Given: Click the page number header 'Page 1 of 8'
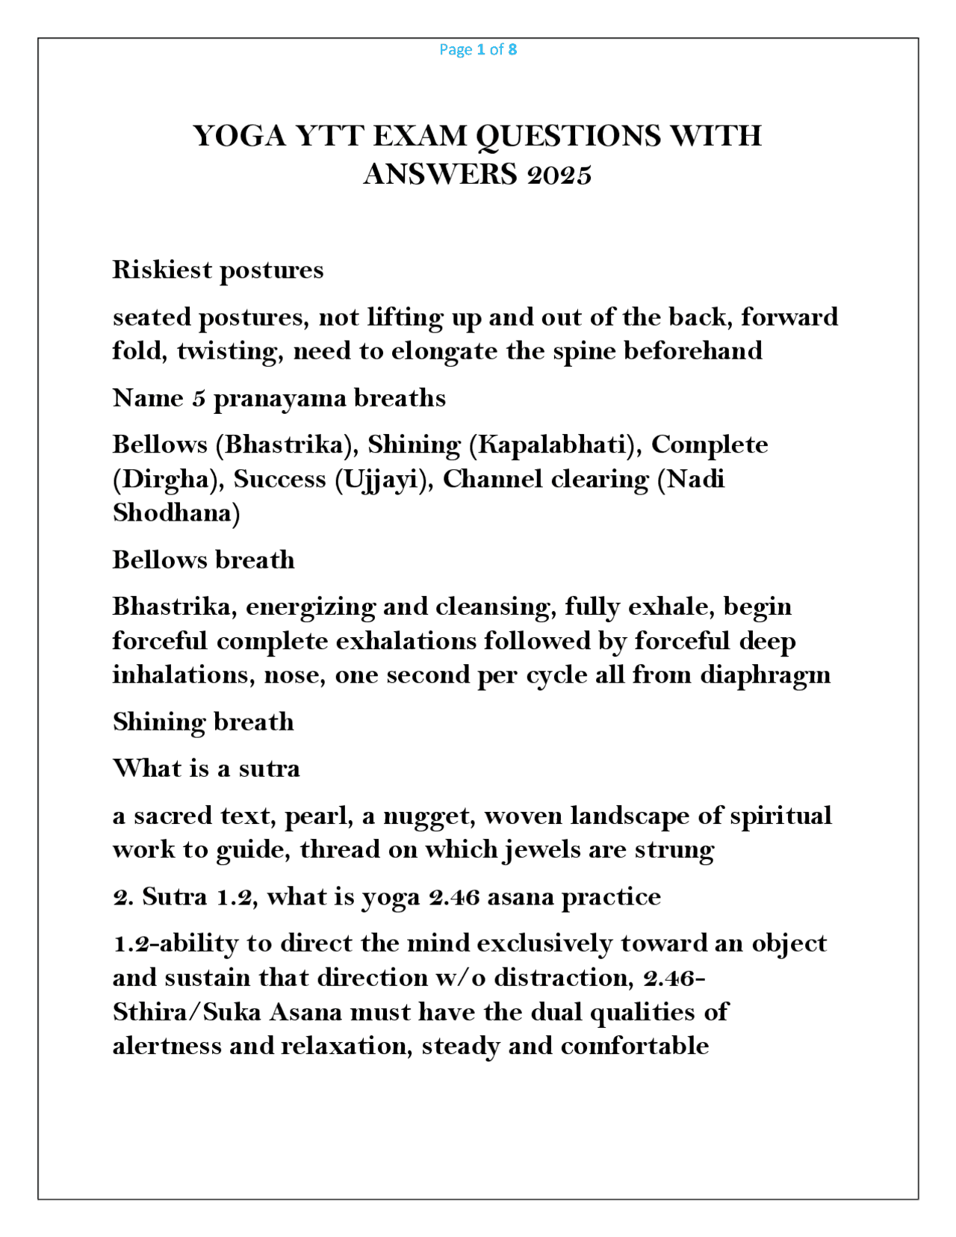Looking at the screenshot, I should click(477, 49).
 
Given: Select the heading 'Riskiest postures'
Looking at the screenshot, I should click(217, 270).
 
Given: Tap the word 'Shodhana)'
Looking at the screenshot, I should click(176, 513).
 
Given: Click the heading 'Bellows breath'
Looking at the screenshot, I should click(203, 560).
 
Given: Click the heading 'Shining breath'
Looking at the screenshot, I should click(203, 722).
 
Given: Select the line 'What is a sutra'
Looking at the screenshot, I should click(206, 769).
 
